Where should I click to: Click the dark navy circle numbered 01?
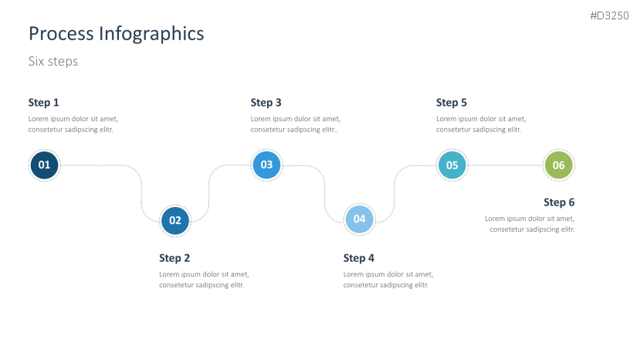[44, 165]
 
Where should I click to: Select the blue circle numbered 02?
[175, 221]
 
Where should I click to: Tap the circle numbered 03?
[266, 165]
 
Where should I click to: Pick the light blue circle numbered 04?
[359, 219]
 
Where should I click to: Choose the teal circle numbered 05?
[452, 165]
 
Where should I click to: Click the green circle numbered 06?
[559, 165]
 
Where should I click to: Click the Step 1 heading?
[44, 103]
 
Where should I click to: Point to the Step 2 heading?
[174, 258]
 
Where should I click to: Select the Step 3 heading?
[266, 103]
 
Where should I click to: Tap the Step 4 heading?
[359, 258]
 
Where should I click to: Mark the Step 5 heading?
[452, 103]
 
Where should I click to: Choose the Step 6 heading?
[559, 202]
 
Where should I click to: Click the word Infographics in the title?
[151, 34]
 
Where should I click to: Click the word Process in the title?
[61, 33]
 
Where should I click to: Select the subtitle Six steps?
[53, 61]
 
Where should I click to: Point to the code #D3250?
[609, 16]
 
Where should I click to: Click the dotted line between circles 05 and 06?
[506, 165]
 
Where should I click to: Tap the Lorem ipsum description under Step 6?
[530, 224]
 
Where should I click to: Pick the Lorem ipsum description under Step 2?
[204, 280]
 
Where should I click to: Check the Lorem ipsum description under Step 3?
[296, 124]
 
